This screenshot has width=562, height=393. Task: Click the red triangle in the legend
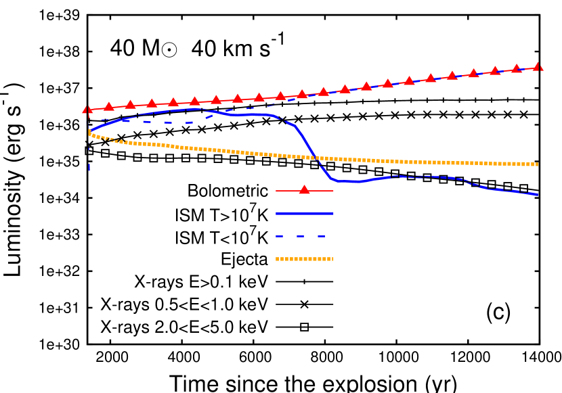(304, 190)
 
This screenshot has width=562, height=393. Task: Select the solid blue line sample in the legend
(304, 213)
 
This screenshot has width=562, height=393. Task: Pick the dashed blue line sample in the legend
(301, 236)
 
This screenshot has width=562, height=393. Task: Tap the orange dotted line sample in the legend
(304, 258)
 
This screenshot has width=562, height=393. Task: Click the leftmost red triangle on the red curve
(87, 109)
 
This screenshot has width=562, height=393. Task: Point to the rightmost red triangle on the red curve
(538, 66)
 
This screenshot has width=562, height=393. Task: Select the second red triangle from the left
(108, 106)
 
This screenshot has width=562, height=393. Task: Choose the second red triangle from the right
(516, 68)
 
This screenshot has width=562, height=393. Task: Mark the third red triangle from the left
(130, 104)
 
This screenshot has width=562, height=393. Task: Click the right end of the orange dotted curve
(536, 164)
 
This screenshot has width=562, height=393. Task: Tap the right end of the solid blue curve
(538, 194)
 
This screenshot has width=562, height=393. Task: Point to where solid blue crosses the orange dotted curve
(316, 158)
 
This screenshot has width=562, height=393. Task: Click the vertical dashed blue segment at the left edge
(89, 162)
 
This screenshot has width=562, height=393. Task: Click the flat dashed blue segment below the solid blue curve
(169, 122)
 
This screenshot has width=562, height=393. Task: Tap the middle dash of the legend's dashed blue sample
(301, 236)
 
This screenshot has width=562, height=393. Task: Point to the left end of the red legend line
(277, 191)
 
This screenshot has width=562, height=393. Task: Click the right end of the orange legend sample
(332, 258)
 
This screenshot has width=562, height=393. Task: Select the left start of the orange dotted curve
(89, 132)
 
